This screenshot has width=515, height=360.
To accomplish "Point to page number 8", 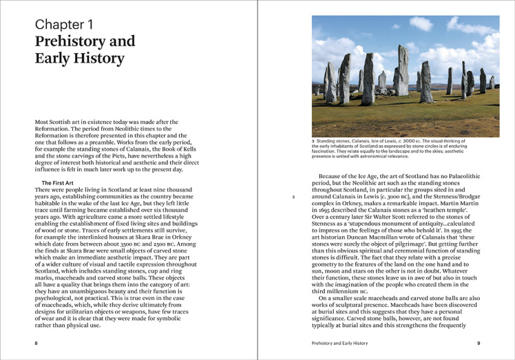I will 36,343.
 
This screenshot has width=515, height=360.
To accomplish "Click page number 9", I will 479,343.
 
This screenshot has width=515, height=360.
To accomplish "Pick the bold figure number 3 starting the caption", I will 313,141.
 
